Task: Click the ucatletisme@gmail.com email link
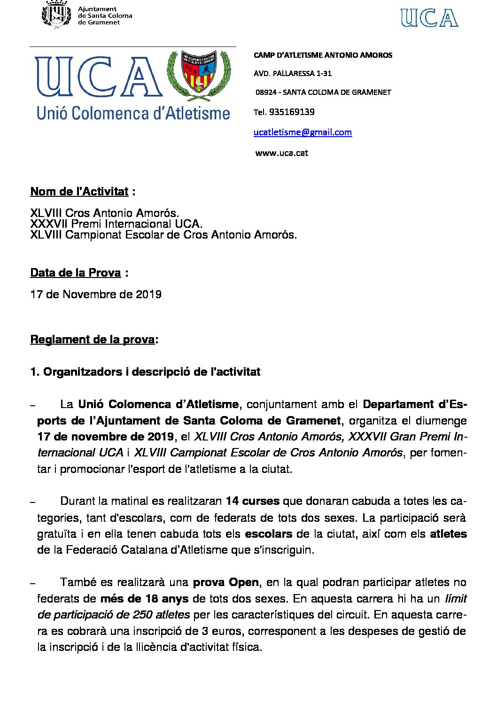303,132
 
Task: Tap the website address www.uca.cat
281,153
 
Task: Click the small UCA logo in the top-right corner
429,18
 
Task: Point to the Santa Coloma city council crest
56,15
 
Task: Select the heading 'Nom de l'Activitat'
79,192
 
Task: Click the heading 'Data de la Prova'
76,273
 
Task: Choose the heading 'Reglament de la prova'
92,340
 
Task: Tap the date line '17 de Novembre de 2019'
96,294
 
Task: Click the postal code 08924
266,93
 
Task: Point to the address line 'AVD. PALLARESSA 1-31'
293,73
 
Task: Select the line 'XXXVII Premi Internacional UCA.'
116,224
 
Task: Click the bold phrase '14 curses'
252,501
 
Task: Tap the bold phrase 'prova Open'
225,582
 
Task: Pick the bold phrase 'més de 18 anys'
144,599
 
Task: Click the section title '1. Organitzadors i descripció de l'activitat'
145,372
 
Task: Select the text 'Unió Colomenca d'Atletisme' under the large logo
133,113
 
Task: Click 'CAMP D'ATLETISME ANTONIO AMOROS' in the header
323,55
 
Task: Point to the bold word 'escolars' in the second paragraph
268,534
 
